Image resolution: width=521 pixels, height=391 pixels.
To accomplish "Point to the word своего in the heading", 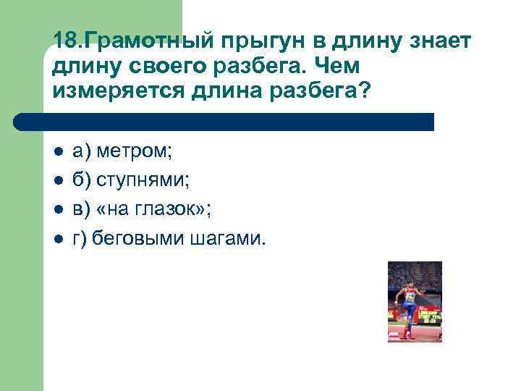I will [154, 67].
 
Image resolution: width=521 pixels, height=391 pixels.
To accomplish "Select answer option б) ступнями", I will [131, 181].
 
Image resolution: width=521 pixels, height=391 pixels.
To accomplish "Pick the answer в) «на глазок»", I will [142, 209].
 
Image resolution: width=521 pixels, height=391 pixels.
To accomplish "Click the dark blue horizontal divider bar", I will [224, 122].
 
